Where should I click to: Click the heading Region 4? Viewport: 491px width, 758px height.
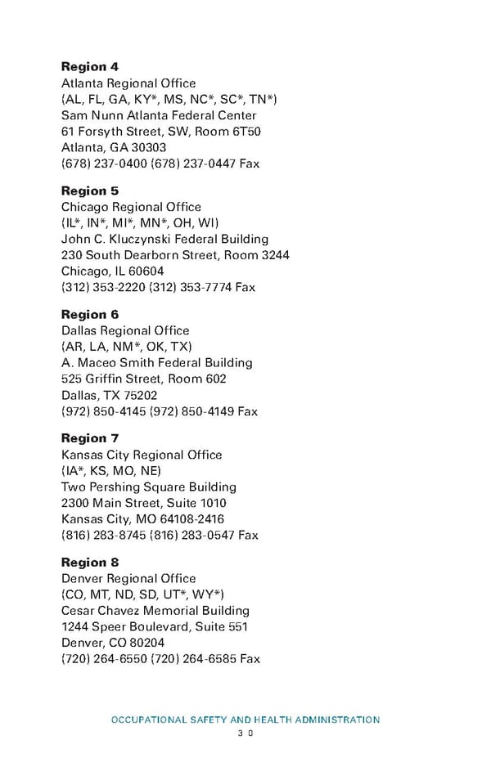click(90, 66)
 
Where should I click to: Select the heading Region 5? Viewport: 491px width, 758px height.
click(90, 191)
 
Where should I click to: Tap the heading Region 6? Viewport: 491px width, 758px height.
click(90, 314)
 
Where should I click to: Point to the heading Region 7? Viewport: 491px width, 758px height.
click(90, 438)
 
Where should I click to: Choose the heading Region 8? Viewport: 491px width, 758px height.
click(90, 562)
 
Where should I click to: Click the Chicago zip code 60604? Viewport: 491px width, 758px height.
click(146, 271)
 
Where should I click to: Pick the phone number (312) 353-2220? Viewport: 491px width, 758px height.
click(103, 288)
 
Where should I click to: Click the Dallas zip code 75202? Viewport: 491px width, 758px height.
click(140, 395)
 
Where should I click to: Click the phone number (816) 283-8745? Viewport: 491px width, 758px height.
click(103, 536)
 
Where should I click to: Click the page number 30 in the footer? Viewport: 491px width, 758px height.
click(245, 734)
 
